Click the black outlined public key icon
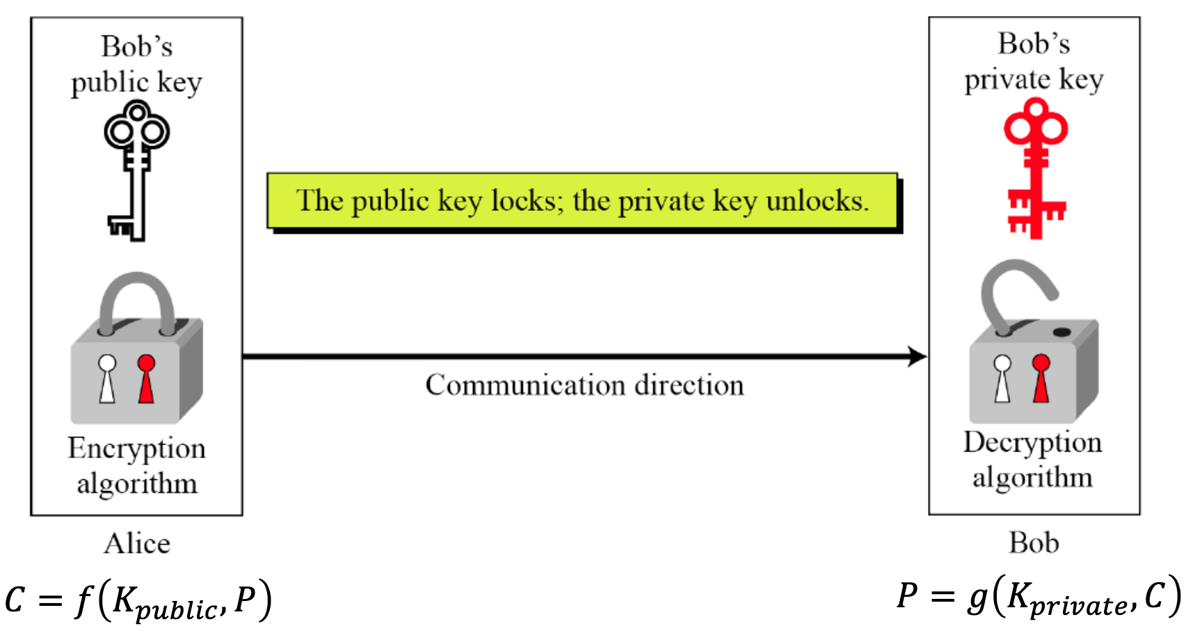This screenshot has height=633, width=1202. (x=137, y=170)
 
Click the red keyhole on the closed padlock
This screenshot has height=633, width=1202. (x=146, y=379)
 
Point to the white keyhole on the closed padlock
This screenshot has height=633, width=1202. (x=107, y=379)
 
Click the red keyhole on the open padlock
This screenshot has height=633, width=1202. (x=1041, y=378)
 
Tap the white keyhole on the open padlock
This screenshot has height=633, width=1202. (x=1002, y=378)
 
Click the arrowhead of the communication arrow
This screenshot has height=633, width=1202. (x=918, y=357)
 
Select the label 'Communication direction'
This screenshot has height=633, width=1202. (x=584, y=385)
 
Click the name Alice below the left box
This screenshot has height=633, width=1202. (x=137, y=543)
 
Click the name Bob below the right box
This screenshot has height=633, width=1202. (x=1034, y=543)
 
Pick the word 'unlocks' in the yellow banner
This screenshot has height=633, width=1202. (x=817, y=201)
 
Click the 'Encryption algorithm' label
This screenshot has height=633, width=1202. (x=137, y=465)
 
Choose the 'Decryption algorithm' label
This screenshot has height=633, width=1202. (x=1032, y=460)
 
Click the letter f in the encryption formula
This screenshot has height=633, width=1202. (x=83, y=600)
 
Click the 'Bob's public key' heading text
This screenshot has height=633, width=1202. (x=137, y=64)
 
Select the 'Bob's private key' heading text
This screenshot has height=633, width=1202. (x=1034, y=61)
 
